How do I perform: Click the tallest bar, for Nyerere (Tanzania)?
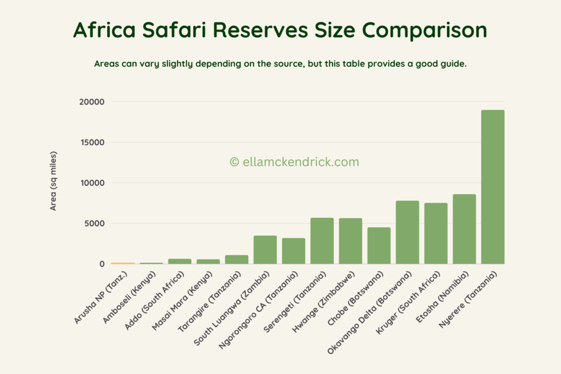[x=493, y=187]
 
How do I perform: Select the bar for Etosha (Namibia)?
[x=464, y=229]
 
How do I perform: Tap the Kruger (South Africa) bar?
[x=436, y=233]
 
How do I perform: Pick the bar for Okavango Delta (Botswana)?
[x=407, y=232]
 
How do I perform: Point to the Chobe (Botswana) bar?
[x=379, y=245]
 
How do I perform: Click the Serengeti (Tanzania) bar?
[x=322, y=241]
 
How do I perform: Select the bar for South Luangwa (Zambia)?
[x=265, y=250]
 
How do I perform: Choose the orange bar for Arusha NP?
[x=122, y=263]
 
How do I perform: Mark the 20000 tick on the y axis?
[x=91, y=102]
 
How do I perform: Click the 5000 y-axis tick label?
[x=94, y=223]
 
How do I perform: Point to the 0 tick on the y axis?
[x=101, y=264]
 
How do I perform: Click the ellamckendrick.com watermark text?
[x=294, y=162]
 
